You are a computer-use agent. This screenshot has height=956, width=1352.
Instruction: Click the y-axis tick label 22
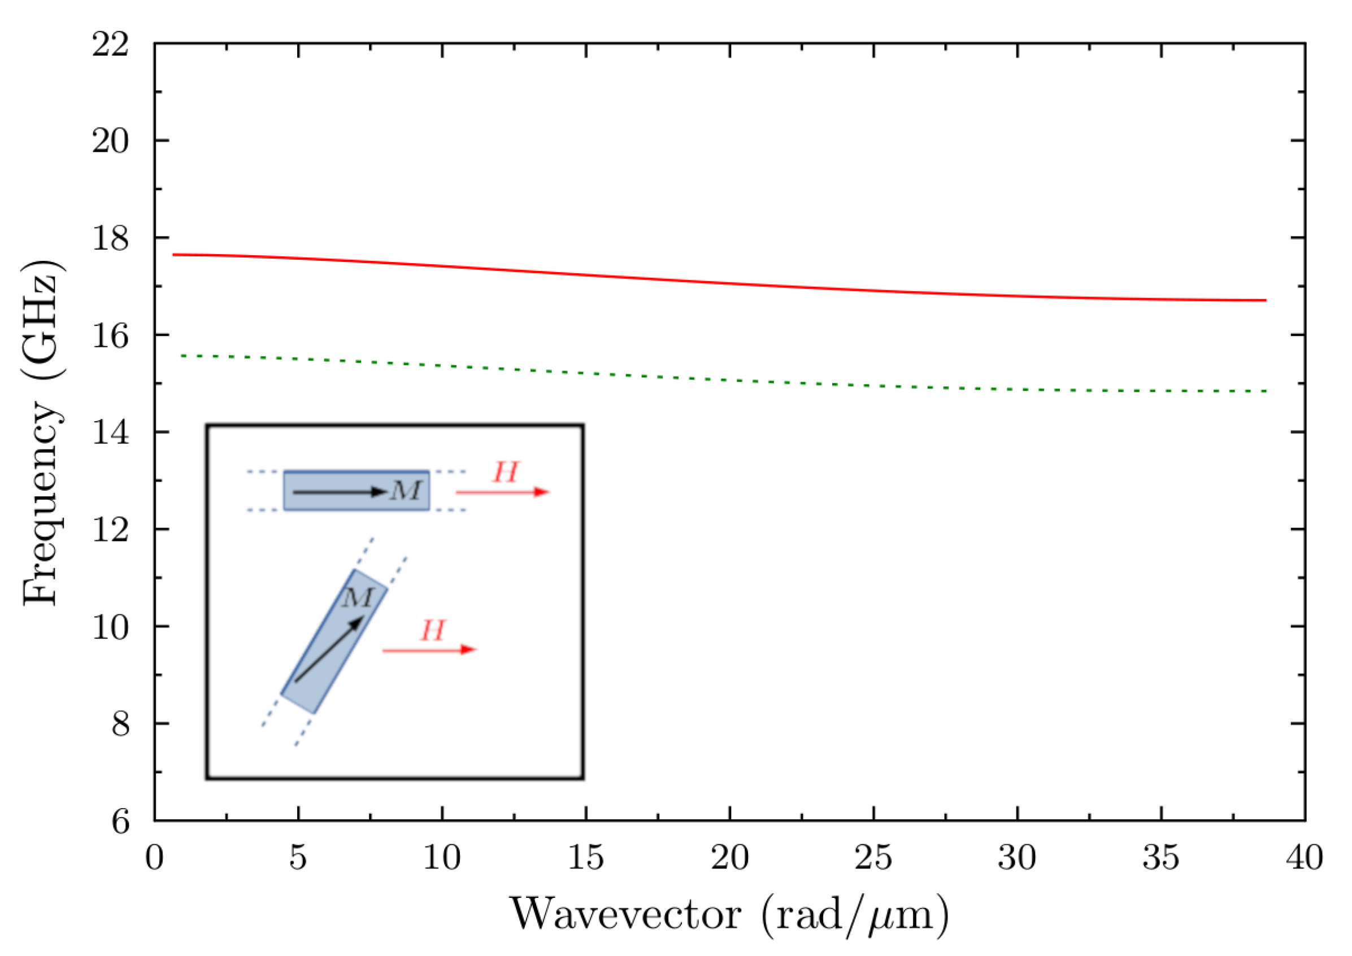click(110, 44)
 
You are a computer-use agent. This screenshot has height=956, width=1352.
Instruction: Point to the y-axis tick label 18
click(110, 239)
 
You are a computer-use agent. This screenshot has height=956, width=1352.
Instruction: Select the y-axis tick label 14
click(110, 433)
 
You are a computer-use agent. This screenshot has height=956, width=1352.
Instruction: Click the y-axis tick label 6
click(120, 821)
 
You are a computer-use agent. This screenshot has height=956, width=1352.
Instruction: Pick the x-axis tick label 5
click(298, 858)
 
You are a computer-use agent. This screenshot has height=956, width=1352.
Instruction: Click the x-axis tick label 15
click(585, 858)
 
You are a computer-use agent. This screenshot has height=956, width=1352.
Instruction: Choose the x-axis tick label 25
click(873, 858)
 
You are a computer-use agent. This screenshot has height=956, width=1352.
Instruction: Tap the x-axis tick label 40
click(1305, 858)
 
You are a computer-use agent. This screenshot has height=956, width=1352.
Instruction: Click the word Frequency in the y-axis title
click(41, 503)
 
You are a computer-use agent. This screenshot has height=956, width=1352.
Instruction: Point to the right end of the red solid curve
click(1265, 300)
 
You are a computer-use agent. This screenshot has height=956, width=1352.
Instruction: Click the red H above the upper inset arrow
click(506, 472)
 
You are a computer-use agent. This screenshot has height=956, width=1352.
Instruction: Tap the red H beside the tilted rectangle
click(433, 631)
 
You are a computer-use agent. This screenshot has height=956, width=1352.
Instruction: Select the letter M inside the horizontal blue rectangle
click(406, 490)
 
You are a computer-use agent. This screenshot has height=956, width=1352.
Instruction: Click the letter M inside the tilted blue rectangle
click(358, 598)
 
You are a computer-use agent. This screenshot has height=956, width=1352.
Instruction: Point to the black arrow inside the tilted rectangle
click(329, 649)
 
